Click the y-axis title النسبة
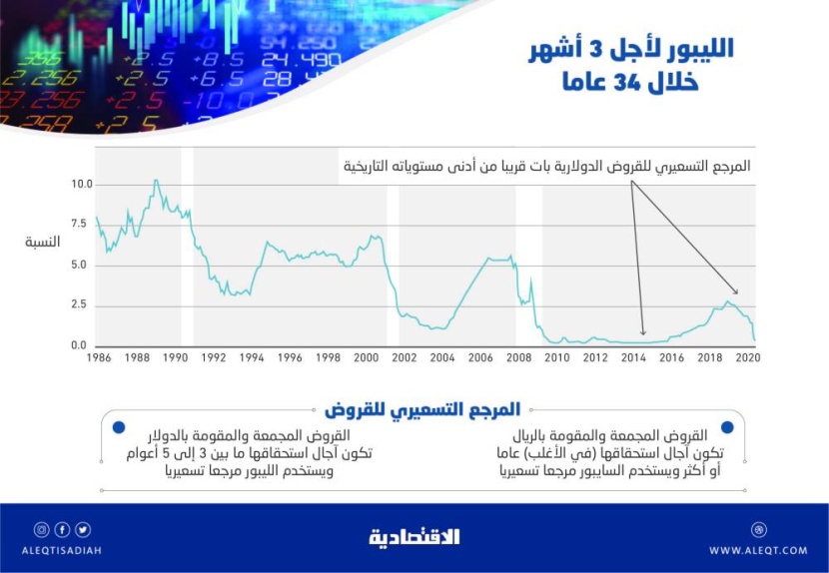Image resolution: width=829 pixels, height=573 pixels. [42, 243]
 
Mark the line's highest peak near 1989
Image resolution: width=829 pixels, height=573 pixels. [156, 181]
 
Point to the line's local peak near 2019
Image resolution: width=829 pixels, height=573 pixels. [729, 301]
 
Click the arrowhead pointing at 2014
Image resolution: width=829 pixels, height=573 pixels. [643, 333]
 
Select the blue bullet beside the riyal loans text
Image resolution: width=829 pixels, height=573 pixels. [726, 427]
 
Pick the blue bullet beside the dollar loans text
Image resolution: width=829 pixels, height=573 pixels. [119, 427]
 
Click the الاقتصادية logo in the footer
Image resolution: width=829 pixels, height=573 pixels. [414, 537]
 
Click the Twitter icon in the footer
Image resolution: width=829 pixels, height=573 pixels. [82, 530]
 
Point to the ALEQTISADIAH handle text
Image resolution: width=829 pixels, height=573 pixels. [61, 550]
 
